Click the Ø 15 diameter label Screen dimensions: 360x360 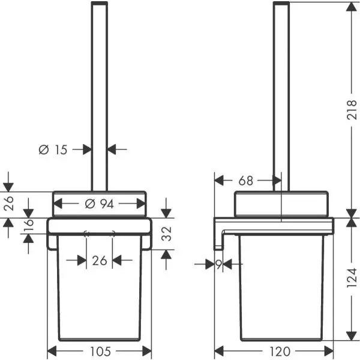coord(53,150)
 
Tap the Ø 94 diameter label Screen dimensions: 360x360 coord(99,204)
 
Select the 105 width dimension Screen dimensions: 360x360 coord(99,351)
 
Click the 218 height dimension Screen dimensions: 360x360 coord(352,109)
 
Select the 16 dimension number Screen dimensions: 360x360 coord(28,226)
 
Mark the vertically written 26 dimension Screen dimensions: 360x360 coord(7,205)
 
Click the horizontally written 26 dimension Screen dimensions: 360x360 coord(99,260)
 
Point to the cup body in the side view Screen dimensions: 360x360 coord(282,288)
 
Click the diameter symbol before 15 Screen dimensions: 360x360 coord(43,150)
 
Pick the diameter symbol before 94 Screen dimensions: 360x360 coord(89,204)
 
